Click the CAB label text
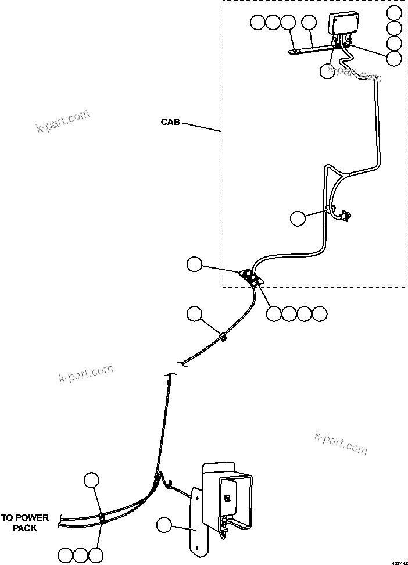click(x=170, y=123)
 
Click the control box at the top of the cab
click(x=343, y=24)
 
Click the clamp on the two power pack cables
click(x=102, y=516)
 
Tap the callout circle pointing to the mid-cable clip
click(x=194, y=314)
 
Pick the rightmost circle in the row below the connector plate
click(x=320, y=314)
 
